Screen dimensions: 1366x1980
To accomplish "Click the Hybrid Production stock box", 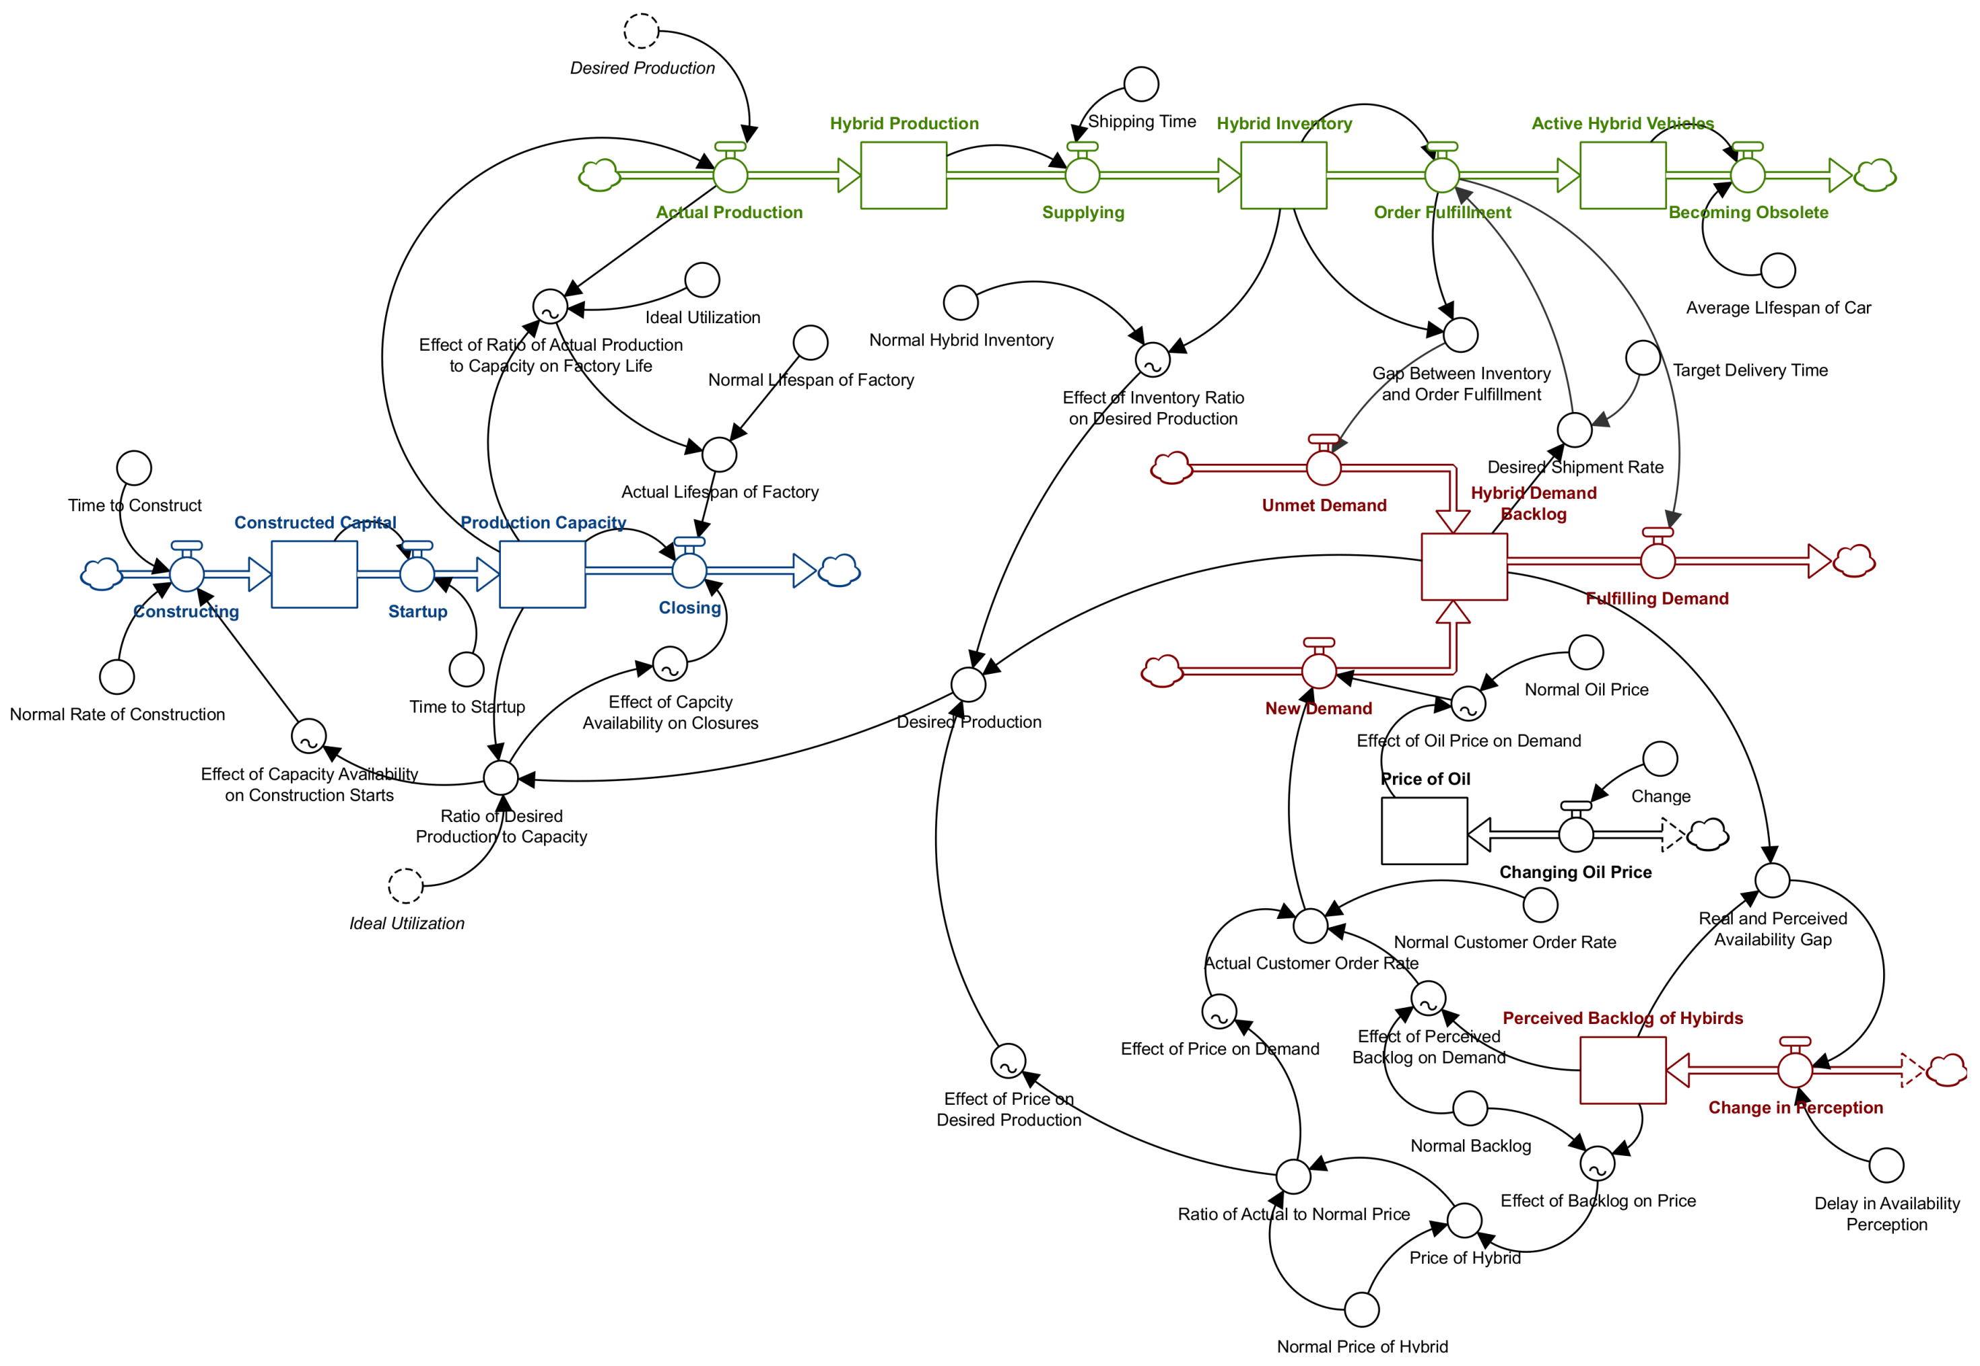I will tap(903, 176).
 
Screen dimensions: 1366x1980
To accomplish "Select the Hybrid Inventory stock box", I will tap(1283, 176).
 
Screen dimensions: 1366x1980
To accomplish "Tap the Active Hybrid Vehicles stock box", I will tap(1623, 176).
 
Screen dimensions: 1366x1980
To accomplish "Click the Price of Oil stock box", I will tap(1425, 831).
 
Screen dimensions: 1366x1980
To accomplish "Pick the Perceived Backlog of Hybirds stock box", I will tap(1623, 1070).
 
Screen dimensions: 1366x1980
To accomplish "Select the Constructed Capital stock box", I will tap(314, 574).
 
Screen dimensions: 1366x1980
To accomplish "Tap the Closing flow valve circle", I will tap(689, 570).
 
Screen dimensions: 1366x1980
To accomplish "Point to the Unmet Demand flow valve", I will tap(1324, 468).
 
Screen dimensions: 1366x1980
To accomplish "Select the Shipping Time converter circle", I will tap(1141, 84).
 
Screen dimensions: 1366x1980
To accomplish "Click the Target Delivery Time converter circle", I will tap(1643, 357).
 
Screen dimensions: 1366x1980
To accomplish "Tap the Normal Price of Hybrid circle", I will tap(1362, 1309).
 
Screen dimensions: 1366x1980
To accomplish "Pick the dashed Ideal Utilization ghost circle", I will tap(405, 887).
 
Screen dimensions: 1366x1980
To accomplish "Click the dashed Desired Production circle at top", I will tap(641, 32).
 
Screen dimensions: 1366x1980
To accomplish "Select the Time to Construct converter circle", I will tap(135, 468).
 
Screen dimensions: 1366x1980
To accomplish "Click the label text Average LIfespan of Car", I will tap(1778, 308).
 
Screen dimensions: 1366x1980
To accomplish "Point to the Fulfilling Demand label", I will tap(1657, 599).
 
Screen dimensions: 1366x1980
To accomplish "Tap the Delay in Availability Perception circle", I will tap(1886, 1166).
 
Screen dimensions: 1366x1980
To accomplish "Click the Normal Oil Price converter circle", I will tap(1586, 653).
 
